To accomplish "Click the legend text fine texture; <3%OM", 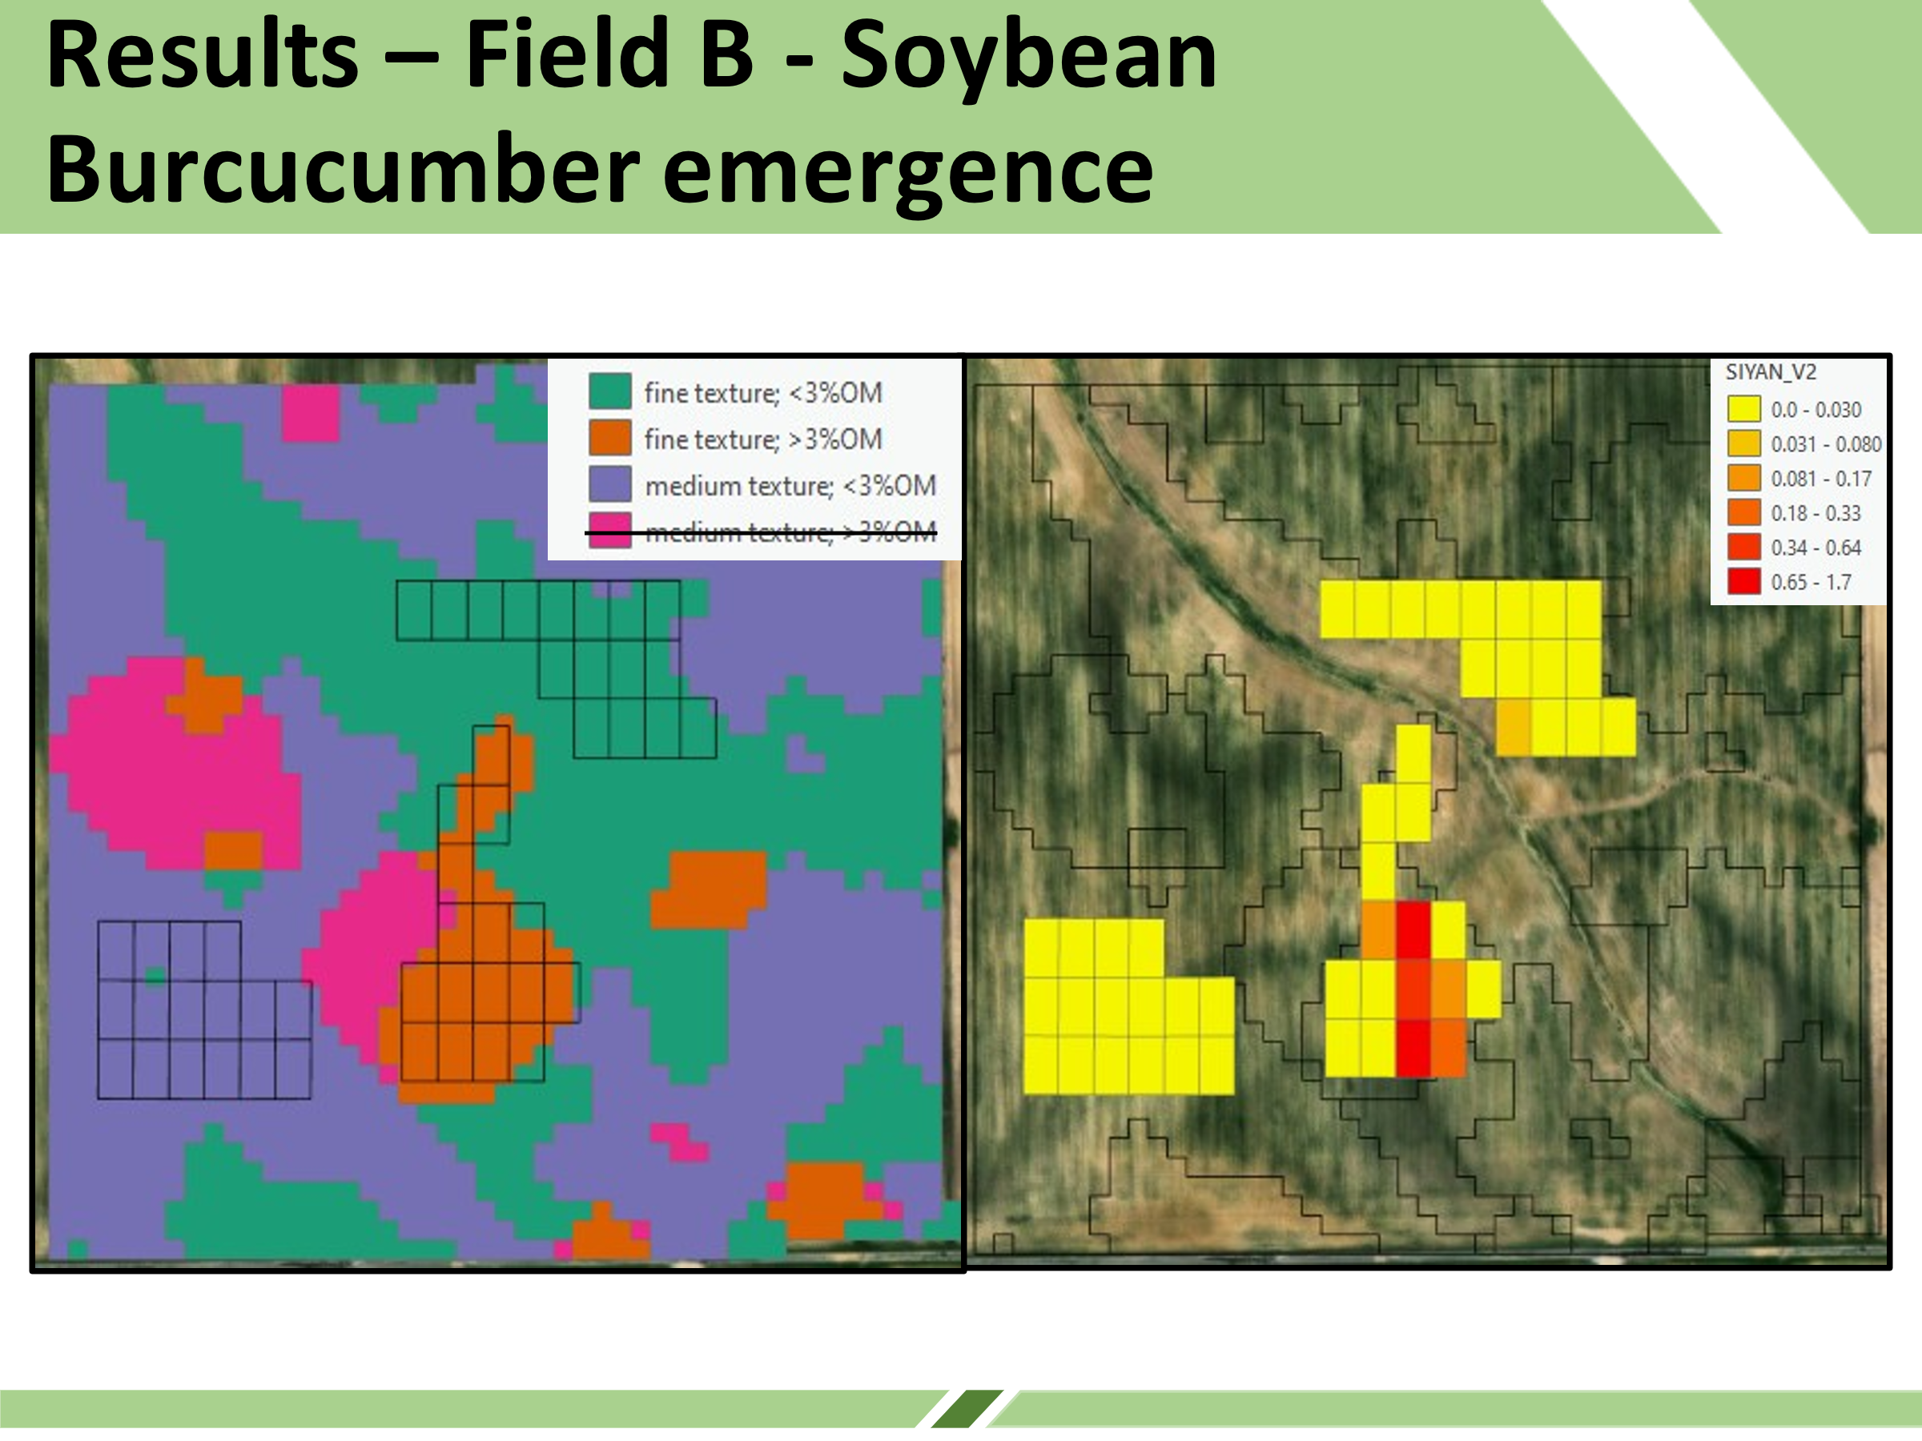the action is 763,392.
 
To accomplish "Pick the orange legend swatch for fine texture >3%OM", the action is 610,438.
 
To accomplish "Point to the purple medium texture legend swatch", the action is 610,484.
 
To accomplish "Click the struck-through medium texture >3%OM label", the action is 790,531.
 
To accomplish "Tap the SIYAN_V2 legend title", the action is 1770,371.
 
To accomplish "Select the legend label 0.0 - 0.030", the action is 1815,409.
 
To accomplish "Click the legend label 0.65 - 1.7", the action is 1811,582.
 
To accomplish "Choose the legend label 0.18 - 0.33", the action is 1815,513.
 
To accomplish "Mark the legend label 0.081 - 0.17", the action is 1820,479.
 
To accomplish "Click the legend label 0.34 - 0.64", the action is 1815,548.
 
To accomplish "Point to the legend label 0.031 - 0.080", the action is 1826,444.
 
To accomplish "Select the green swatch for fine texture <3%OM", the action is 610,391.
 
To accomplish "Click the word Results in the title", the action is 203,54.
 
